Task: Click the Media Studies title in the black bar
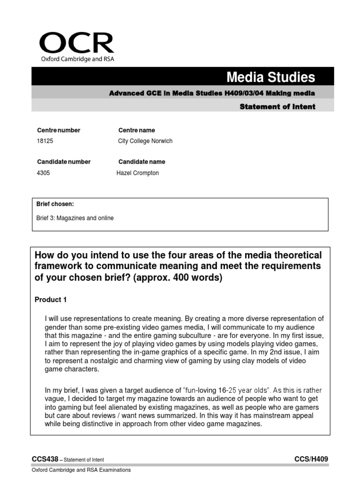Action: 271,77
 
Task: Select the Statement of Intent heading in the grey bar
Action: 277,106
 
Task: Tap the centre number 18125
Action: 45,141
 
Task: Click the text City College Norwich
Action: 145,141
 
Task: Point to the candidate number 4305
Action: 43,173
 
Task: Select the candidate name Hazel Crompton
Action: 137,173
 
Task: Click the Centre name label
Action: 136,130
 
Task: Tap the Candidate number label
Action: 64,162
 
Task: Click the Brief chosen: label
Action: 55,204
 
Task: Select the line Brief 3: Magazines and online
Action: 75,218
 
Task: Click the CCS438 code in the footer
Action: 45,459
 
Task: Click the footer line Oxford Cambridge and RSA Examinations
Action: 81,470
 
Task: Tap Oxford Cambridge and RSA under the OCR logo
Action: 77,59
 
